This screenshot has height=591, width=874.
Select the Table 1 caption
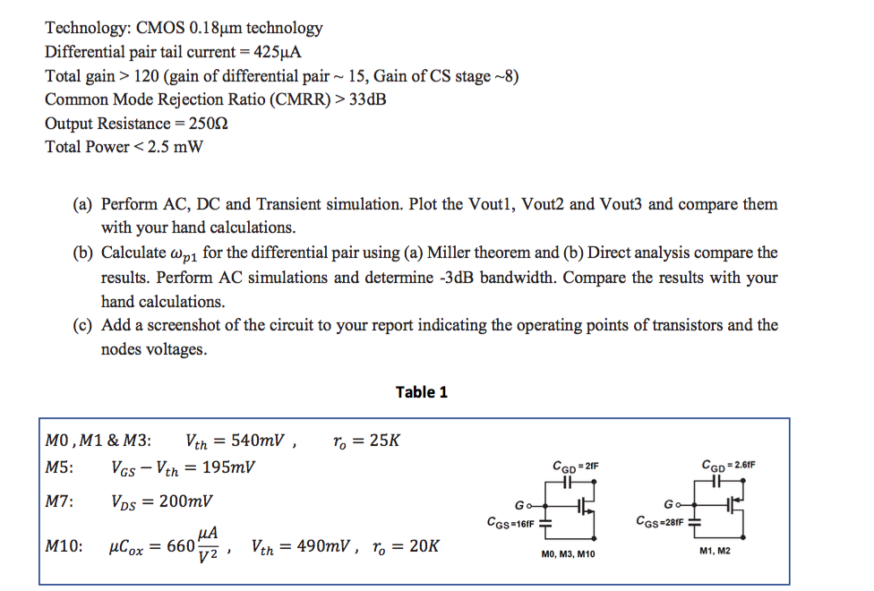click(x=421, y=392)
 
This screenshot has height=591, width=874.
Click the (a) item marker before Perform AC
click(x=83, y=205)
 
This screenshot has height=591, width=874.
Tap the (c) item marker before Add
click(x=83, y=325)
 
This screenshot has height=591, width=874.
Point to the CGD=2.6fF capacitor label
click(x=731, y=466)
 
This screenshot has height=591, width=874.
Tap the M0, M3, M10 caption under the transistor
click(x=568, y=554)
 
